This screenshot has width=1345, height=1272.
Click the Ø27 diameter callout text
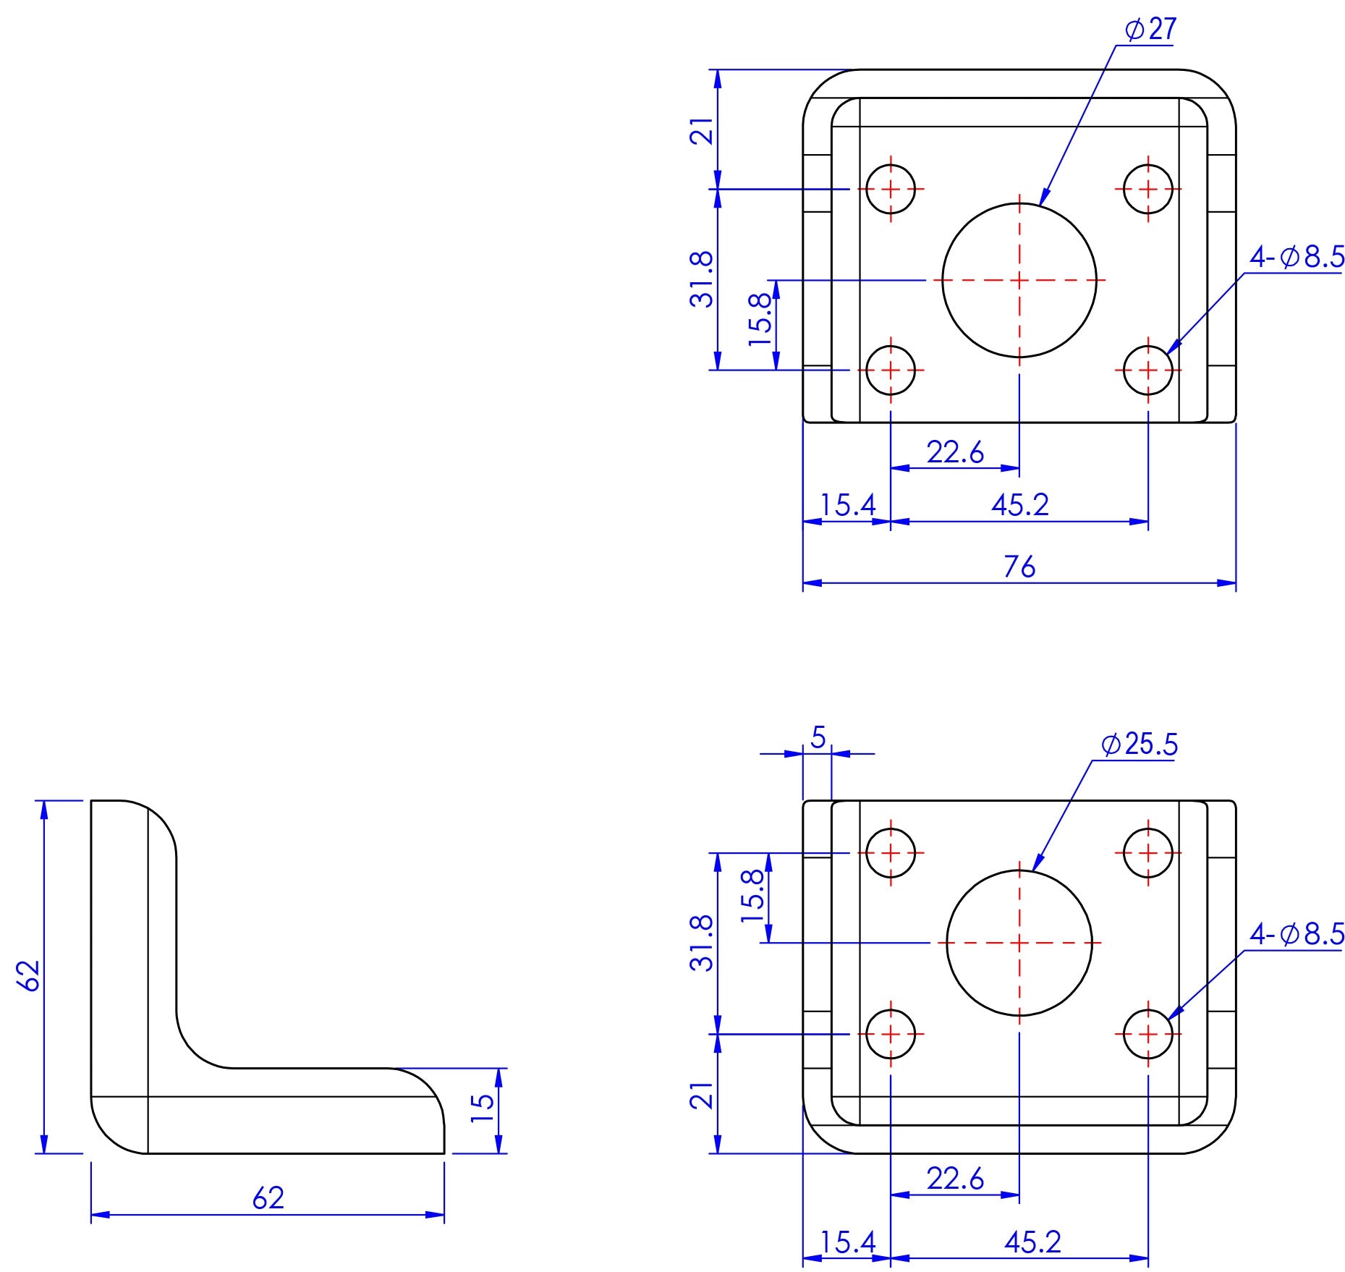pos(1150,30)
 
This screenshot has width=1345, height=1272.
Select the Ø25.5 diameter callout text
pos(1140,745)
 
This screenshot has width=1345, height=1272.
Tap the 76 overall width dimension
pos(1019,567)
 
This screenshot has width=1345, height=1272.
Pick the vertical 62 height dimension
pos(30,976)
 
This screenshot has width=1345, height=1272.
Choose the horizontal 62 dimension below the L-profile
pos(268,1198)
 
